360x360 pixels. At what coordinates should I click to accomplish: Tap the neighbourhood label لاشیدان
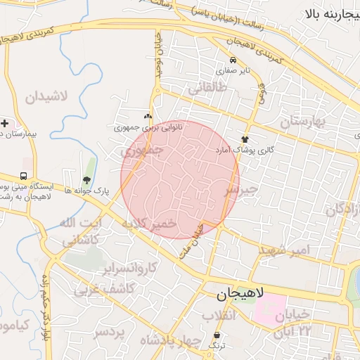click(x=46, y=96)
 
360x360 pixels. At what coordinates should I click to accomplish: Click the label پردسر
click(x=110, y=331)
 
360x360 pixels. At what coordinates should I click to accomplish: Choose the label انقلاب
click(x=222, y=316)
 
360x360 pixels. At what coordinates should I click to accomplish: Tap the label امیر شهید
click(x=284, y=250)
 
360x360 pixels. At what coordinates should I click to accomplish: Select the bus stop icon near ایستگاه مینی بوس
click(x=25, y=176)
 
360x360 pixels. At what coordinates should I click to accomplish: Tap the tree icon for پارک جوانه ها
click(x=86, y=180)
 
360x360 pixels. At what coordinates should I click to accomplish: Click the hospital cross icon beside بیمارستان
click(x=5, y=123)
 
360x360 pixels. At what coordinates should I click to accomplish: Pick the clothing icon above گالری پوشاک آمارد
click(x=245, y=139)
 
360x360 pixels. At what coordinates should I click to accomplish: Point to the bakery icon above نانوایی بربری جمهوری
click(x=147, y=117)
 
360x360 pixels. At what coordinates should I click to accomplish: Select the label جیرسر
click(x=241, y=190)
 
